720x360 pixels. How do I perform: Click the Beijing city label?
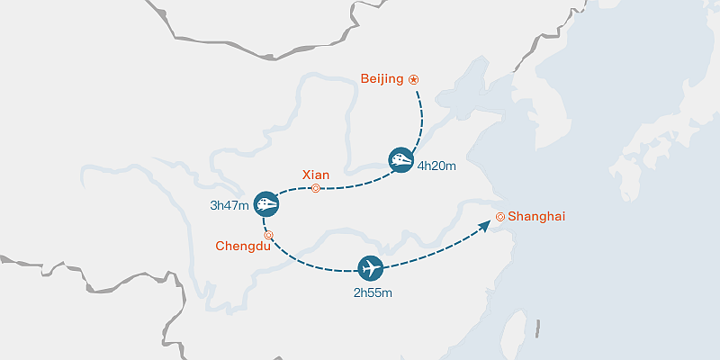pyautogui.click(x=382, y=79)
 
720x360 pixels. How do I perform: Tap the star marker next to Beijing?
pyautogui.click(x=414, y=79)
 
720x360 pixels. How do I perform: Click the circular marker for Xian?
pyautogui.click(x=315, y=188)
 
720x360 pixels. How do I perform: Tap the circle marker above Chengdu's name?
pyautogui.click(x=268, y=235)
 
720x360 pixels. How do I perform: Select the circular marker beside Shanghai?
pyautogui.click(x=500, y=217)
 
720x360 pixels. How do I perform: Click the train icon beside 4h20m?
pyautogui.click(x=401, y=159)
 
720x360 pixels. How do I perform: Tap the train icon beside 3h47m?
pyautogui.click(x=265, y=204)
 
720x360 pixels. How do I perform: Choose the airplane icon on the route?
pyautogui.click(x=370, y=268)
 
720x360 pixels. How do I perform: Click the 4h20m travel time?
pyautogui.click(x=436, y=166)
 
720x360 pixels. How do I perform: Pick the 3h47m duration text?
pyautogui.click(x=229, y=205)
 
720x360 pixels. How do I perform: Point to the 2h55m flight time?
pyautogui.click(x=373, y=292)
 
